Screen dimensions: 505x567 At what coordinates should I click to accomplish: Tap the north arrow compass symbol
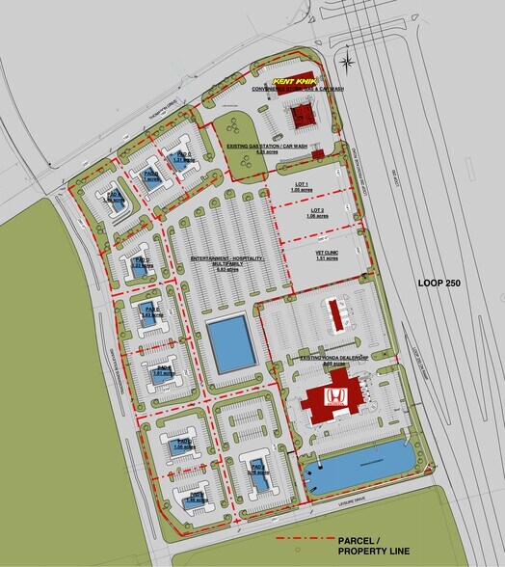tap(350, 59)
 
